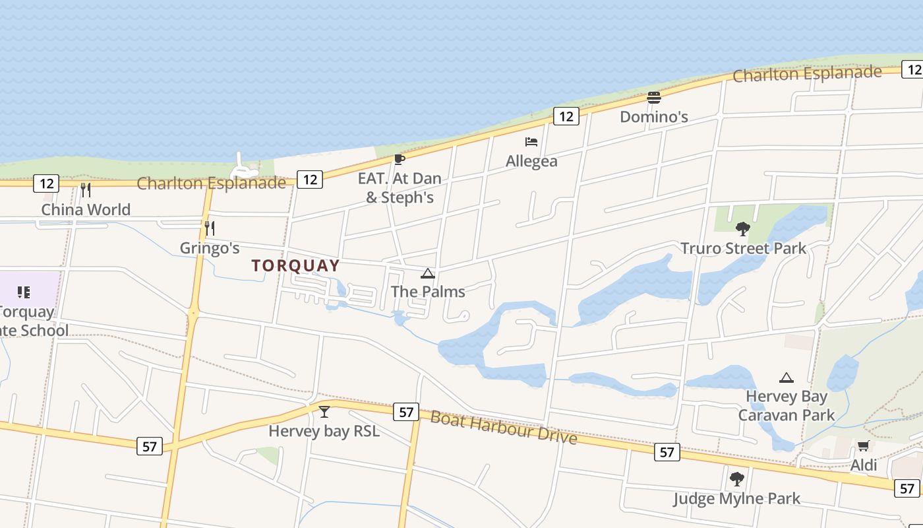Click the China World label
coord(86,210)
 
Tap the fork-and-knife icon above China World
coord(85,190)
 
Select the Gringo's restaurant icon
coord(210,228)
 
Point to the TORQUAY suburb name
coord(296,266)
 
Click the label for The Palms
coord(428,292)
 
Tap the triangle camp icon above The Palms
coord(428,273)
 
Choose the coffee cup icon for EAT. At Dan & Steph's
coord(399,159)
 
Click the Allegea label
coord(531,161)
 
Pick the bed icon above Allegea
coord(531,142)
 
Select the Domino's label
coord(654,117)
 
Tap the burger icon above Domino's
coord(654,98)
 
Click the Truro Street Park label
coord(743,249)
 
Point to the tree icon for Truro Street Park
coord(743,229)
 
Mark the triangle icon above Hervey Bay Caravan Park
coord(786,378)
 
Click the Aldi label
coord(864,465)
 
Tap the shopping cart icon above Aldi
coord(864,446)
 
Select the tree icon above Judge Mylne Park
coord(736,479)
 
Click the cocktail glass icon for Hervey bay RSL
coord(324,412)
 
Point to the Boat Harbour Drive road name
coord(504,428)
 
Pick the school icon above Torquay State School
coord(24,292)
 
